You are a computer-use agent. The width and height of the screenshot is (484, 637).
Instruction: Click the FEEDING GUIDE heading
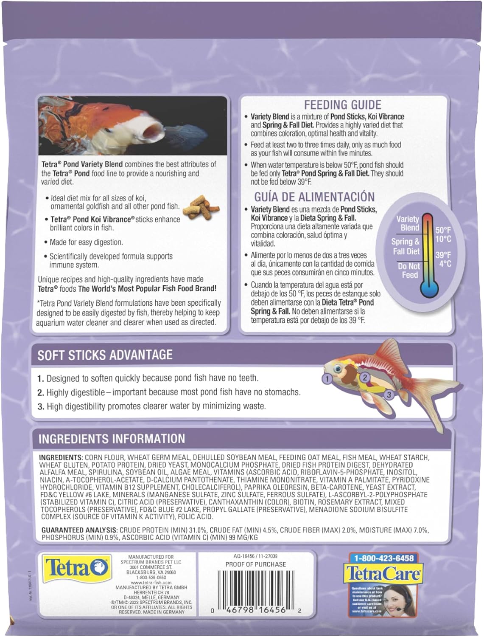point(342,105)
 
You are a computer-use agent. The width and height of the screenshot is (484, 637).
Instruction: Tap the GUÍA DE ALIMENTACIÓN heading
point(314,197)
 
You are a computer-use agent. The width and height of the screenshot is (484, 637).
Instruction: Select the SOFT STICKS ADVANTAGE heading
point(105,355)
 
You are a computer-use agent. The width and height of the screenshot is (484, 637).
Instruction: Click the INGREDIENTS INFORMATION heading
point(112,439)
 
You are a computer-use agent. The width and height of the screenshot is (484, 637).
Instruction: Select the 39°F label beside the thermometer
point(443,255)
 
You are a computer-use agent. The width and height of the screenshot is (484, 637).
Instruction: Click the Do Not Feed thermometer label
point(409,271)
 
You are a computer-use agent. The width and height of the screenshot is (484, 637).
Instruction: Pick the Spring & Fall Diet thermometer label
point(406,246)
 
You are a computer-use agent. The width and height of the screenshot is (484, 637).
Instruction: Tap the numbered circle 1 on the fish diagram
point(327,377)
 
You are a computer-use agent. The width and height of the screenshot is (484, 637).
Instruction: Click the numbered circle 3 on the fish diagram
point(389,395)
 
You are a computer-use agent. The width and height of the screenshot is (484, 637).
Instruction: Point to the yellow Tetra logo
point(75,568)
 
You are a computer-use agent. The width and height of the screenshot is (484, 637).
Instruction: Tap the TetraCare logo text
point(383,573)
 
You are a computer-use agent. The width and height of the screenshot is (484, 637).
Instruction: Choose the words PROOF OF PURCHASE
point(255,564)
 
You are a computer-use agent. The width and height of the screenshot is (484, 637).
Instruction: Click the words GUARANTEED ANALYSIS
point(78,530)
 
